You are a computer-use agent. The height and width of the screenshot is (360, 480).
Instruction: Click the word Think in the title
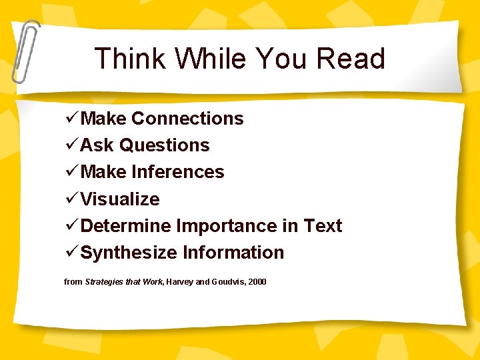pos(129,59)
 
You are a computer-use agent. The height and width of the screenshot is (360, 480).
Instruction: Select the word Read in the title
pos(351,59)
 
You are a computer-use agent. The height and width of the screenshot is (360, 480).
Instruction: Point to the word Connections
pos(187,119)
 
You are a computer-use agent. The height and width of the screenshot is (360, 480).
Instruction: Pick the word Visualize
pos(120,199)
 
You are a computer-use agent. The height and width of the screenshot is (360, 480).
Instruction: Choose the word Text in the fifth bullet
pos(323,226)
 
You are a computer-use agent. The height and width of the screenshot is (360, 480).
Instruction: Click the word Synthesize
pos(129,253)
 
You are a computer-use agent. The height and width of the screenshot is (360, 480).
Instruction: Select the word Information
pos(233,253)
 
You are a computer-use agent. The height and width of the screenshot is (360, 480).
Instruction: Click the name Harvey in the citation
pos(180,282)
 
